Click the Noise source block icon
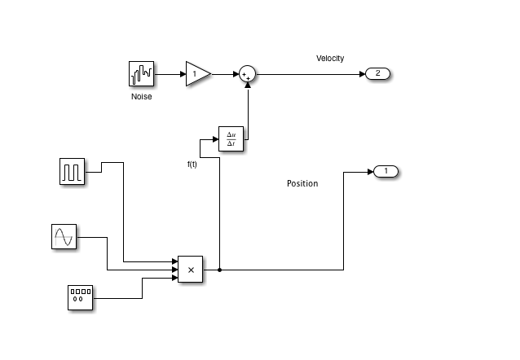point(142,74)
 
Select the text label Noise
point(142,97)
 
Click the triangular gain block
point(197,74)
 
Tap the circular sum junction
point(247,74)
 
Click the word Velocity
point(330,58)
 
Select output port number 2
point(378,74)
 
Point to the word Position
point(302,183)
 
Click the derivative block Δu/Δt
point(231,139)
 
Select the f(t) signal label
point(192,165)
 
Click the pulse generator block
point(73,172)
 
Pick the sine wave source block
point(64,237)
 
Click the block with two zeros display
point(79,298)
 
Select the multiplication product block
point(190,269)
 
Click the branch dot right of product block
point(220,269)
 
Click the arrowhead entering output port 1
point(370,172)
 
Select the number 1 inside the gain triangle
point(193,75)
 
